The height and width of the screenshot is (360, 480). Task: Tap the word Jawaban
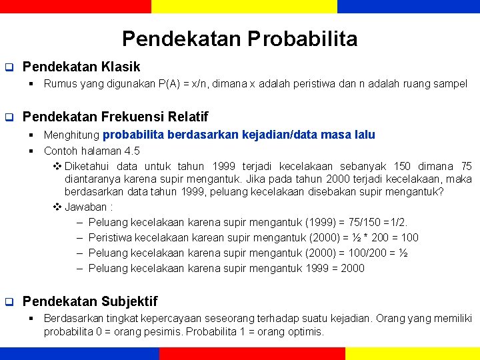click(x=86, y=207)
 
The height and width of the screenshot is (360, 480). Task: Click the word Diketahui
click(x=88, y=166)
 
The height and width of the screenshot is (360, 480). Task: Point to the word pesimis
click(x=157, y=331)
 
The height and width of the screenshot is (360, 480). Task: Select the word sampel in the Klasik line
click(x=451, y=84)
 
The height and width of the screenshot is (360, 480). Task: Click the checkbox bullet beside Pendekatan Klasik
click(x=9, y=67)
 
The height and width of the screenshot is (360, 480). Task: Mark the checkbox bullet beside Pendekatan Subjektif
click(x=9, y=302)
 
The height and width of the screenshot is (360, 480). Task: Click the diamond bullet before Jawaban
click(x=57, y=207)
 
